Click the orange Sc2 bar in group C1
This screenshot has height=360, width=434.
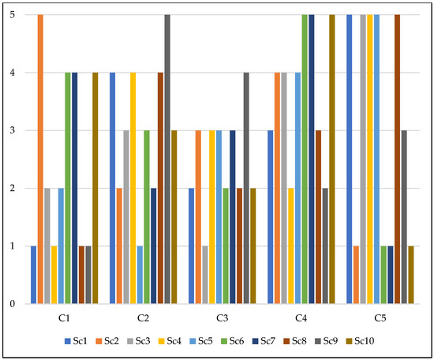(x=40, y=159)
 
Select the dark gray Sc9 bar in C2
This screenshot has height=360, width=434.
(x=167, y=159)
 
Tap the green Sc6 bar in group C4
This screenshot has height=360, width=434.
(x=305, y=159)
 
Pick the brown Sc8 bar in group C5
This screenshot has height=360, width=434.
(x=398, y=159)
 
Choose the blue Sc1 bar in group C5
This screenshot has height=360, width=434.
(x=350, y=159)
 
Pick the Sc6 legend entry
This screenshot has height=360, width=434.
(x=235, y=341)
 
